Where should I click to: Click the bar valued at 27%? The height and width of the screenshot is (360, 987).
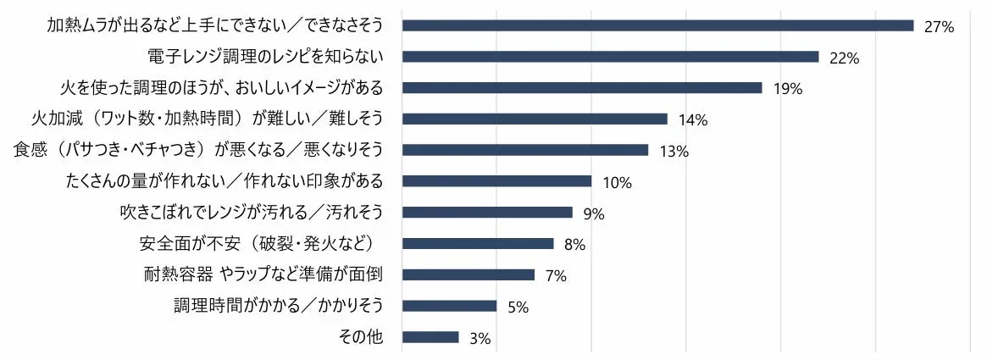coord(657,25)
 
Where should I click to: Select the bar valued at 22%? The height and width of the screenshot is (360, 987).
coord(610,57)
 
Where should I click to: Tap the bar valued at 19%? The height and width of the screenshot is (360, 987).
coord(582,88)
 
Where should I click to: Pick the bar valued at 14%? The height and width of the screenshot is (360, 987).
coord(535,119)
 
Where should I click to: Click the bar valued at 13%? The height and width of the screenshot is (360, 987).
coord(525,150)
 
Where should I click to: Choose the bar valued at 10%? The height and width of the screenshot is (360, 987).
coord(496,181)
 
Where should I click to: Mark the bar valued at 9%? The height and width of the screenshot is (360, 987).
coord(487,213)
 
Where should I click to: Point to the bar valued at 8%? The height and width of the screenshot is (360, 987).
coord(478,244)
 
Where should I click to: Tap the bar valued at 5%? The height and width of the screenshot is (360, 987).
coord(449,306)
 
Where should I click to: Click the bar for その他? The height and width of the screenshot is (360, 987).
coord(430,337)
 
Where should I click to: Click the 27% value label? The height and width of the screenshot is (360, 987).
coord(940,27)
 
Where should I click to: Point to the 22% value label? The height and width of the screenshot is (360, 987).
coord(845,58)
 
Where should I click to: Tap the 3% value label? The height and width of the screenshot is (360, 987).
coord(480,339)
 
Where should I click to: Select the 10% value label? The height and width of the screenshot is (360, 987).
coord(618,183)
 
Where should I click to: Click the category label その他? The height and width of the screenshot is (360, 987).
coord(360,337)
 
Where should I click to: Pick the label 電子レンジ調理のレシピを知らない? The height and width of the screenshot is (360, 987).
coord(265,57)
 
